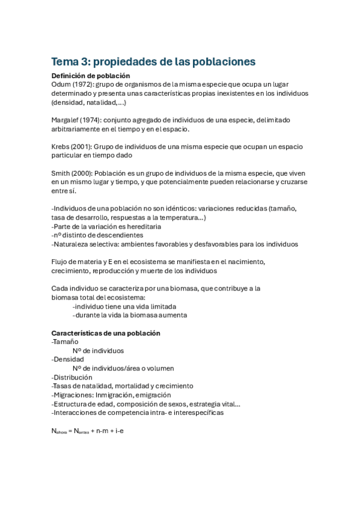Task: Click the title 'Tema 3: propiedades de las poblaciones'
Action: pyautogui.click(x=153, y=62)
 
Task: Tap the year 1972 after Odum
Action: pyautogui.click(x=82, y=85)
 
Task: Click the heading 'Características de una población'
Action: pyautogui.click(x=106, y=333)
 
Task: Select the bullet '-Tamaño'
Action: pyautogui.click(x=65, y=342)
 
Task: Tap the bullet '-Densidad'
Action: pyautogui.click(x=68, y=359)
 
